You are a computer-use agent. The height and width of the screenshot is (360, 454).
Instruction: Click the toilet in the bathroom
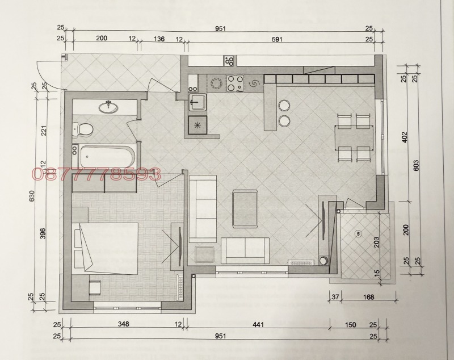[x=82, y=129]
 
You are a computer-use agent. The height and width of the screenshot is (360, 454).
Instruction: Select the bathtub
[x=107, y=157]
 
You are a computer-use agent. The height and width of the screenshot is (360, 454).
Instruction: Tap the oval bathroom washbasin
[x=108, y=108]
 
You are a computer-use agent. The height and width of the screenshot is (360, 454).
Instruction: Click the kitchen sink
[x=197, y=102]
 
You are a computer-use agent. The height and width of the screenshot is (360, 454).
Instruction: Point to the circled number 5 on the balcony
[x=359, y=233]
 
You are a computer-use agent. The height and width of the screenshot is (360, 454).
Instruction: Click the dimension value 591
[x=277, y=39]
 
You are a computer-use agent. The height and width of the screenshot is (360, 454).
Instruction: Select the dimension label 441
[x=258, y=324]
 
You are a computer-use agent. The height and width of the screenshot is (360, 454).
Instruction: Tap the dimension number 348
[x=123, y=324]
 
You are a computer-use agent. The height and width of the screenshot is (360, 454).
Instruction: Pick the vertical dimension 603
[x=417, y=165]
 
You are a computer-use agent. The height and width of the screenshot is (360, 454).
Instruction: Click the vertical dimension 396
[x=43, y=234]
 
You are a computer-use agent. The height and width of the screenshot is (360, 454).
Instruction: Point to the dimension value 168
[x=368, y=297]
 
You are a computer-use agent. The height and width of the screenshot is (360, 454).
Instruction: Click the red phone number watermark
[x=96, y=174]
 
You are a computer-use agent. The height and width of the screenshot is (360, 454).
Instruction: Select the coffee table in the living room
[x=245, y=208]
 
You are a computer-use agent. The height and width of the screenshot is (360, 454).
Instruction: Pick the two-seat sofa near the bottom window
[x=246, y=250]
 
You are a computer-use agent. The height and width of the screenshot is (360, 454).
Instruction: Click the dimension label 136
[x=159, y=39]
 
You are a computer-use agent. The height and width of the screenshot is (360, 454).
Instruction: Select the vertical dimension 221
[x=44, y=131]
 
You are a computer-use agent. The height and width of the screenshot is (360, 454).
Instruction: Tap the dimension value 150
[x=350, y=325]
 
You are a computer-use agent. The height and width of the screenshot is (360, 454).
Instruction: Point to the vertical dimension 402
[x=405, y=137]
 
